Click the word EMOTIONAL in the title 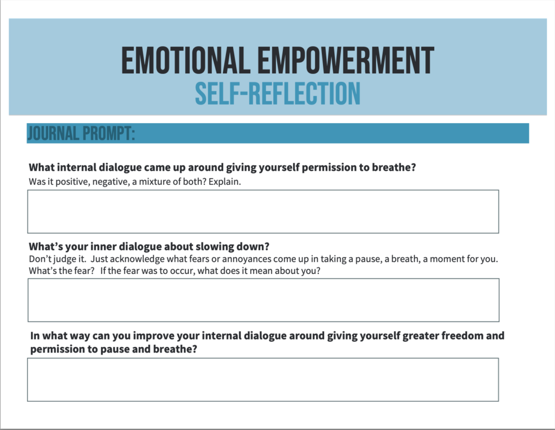[184, 60]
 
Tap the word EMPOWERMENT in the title [345, 60]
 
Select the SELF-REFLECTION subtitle [278, 93]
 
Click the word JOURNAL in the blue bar [53, 133]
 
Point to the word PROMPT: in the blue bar [108, 133]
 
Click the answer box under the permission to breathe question [263, 211]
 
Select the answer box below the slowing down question [264, 300]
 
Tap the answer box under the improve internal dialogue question [263, 380]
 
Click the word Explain [225, 182]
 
